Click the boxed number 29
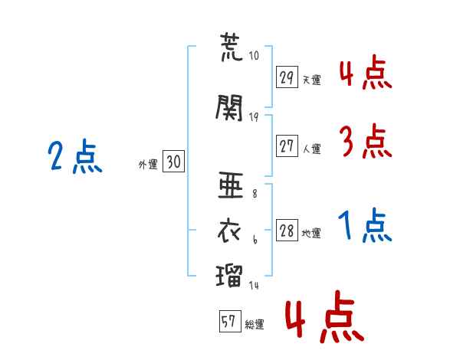pyautogui.click(x=287, y=77)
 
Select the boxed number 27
pyautogui.click(x=287, y=146)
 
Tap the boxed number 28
pyautogui.click(x=287, y=231)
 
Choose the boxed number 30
pyautogui.click(x=173, y=162)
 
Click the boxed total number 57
pyautogui.click(x=228, y=322)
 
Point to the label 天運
pyautogui.click(x=311, y=80)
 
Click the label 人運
pyautogui.click(x=311, y=148)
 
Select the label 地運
pyautogui.click(x=311, y=234)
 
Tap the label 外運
pyautogui.click(x=147, y=164)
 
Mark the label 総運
pyautogui.click(x=254, y=325)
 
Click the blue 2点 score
pyautogui.click(x=75, y=158)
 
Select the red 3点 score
pyautogui.click(x=365, y=142)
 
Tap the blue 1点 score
pyautogui.click(x=365, y=227)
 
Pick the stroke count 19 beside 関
pyautogui.click(x=255, y=116)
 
